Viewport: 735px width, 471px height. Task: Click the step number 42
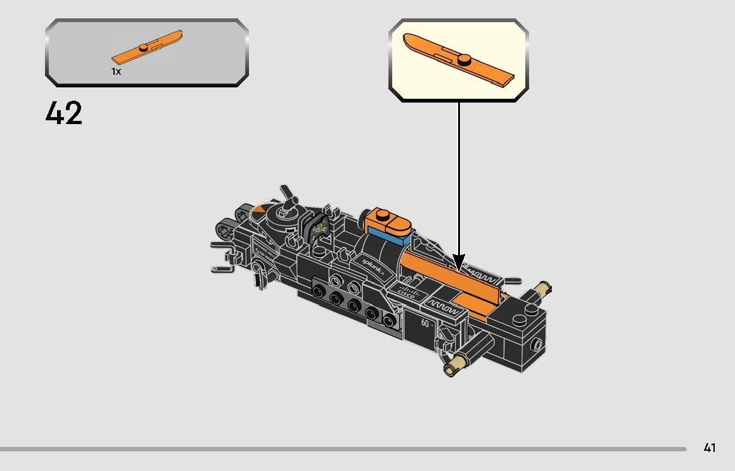tap(64, 114)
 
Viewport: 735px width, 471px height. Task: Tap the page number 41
tap(709, 448)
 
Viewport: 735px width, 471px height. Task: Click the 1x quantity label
tap(116, 72)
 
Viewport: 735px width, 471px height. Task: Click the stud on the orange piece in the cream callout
tap(464, 60)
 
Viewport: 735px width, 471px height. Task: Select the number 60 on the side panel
tap(425, 323)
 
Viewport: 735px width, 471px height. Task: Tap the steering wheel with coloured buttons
tap(319, 229)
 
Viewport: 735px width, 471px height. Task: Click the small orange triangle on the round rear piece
tap(259, 209)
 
